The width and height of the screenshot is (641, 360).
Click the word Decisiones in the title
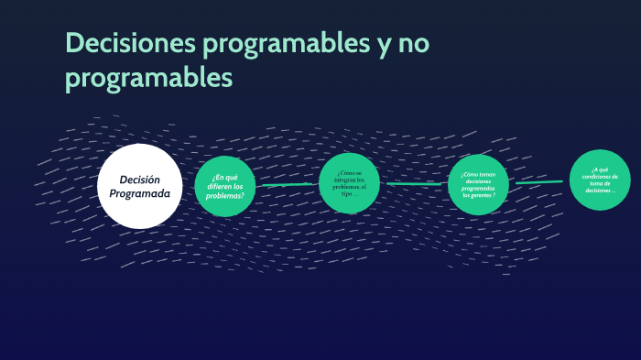point(125,43)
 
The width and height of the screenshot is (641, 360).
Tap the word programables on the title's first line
point(282,43)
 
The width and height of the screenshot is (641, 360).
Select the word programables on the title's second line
point(148,79)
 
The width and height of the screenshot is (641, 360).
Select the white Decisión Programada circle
point(139,186)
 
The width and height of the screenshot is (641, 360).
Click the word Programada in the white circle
point(139,194)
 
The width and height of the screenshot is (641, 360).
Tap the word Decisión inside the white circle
point(139,180)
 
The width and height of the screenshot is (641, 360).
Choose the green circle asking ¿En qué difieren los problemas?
point(225,186)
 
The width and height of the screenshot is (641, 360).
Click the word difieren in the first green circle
point(219,186)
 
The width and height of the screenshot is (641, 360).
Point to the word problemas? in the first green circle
point(225,195)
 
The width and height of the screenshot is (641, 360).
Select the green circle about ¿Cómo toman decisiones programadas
point(478,184)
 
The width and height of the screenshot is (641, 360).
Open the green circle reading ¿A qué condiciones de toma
point(600,179)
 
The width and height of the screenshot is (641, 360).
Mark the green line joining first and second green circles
point(289,185)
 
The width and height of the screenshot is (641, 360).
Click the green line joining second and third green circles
point(417,183)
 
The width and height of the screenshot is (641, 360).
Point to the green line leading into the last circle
point(539,182)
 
